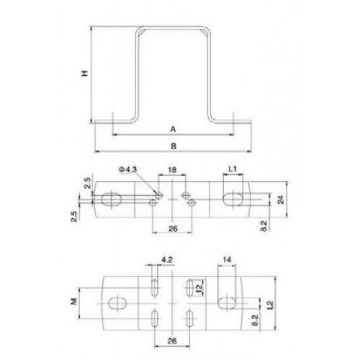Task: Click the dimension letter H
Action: point(85,73)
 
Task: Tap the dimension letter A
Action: point(173,130)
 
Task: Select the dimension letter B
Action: point(174,146)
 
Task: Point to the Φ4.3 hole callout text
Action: point(128,169)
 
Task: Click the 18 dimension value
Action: point(172,170)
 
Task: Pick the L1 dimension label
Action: point(233,169)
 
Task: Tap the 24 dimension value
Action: point(281,199)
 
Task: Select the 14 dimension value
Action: point(227,259)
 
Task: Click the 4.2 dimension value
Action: point(167,260)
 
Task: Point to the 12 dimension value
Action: point(199,288)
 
